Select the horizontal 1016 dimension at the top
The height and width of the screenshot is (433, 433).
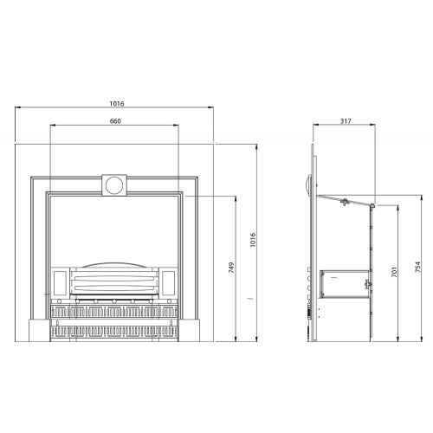click(x=116, y=104)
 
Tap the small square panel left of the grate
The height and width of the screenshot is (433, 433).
click(x=60, y=281)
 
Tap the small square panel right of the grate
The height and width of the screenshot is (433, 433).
click(x=169, y=281)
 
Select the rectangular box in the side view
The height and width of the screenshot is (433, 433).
click(x=342, y=279)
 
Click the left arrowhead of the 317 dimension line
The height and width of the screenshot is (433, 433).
click(x=315, y=127)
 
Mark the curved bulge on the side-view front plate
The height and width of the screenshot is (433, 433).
click(x=307, y=183)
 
